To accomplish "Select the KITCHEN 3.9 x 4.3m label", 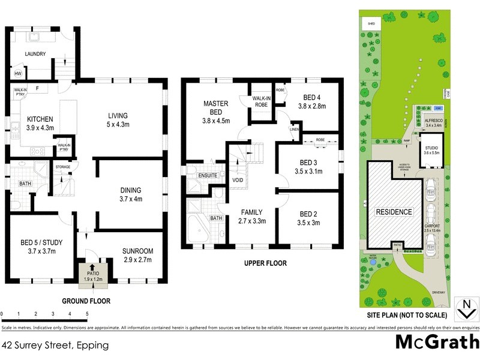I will pos(40,123).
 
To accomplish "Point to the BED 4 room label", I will pos(311,101).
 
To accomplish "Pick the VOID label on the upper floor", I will pos(237,180).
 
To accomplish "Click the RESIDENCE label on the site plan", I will pos(394,212).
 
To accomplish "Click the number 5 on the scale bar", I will pos(87,314).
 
